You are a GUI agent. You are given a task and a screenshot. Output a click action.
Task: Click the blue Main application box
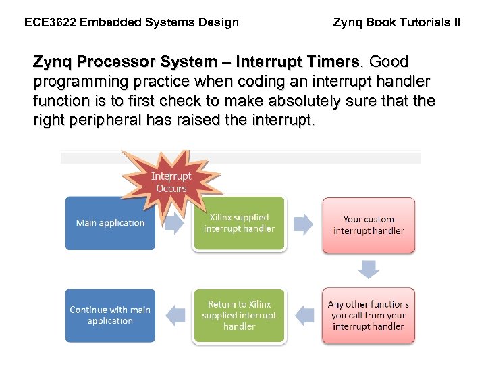coord(110,223)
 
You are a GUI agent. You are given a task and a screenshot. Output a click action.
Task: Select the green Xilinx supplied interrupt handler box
coord(240,224)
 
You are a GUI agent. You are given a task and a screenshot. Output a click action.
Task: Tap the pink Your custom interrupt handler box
coord(369,225)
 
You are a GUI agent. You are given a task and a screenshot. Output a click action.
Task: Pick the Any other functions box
coord(369,315)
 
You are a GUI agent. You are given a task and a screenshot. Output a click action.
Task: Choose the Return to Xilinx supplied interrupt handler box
coord(240,315)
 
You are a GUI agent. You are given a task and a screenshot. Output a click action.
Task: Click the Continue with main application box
coord(110,315)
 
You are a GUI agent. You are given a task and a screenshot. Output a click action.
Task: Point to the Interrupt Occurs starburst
coord(171,181)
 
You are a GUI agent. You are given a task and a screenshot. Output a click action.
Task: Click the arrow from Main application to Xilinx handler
coord(173,224)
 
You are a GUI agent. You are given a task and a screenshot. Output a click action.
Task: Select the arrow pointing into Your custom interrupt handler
coord(304,224)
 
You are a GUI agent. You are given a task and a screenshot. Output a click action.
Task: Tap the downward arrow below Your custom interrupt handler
coord(369,270)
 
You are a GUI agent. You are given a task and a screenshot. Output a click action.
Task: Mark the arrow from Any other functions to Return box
coord(305,315)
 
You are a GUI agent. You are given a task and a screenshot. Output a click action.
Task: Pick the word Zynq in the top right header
coord(348,22)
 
